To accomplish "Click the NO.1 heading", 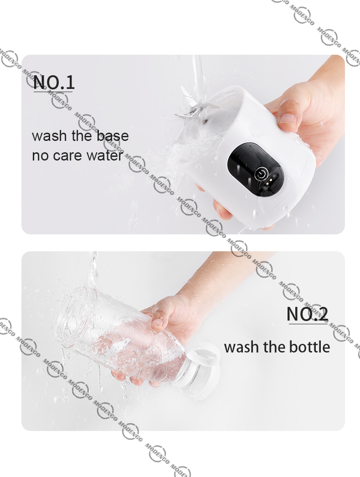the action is [x=54, y=82].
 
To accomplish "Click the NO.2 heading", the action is [x=308, y=314].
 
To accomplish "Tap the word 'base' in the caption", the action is [x=113, y=136].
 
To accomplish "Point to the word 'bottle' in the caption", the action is [x=309, y=347].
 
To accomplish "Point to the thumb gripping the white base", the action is [x=288, y=114].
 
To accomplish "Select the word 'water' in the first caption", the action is [x=105, y=156].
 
